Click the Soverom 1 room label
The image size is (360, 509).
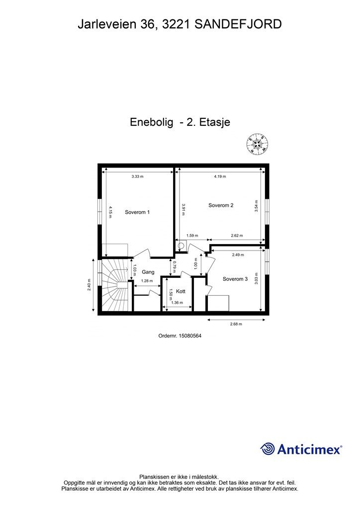137,212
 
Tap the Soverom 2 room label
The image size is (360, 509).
221,205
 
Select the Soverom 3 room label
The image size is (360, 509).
235,279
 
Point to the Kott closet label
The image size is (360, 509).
180,291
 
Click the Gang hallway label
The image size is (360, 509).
148,272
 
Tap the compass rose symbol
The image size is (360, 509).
258,144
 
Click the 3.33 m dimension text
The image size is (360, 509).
137,176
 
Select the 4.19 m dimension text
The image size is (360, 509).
220,176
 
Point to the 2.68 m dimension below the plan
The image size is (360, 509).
236,324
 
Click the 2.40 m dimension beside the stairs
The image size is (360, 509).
90,285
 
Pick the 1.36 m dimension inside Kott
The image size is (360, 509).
177,303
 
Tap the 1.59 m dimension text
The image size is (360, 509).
192,236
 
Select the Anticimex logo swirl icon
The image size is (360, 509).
268,449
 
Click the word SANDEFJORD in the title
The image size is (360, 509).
238,24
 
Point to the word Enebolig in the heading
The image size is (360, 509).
151,122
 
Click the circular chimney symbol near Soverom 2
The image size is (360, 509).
181,246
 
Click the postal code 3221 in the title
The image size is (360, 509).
176,24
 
